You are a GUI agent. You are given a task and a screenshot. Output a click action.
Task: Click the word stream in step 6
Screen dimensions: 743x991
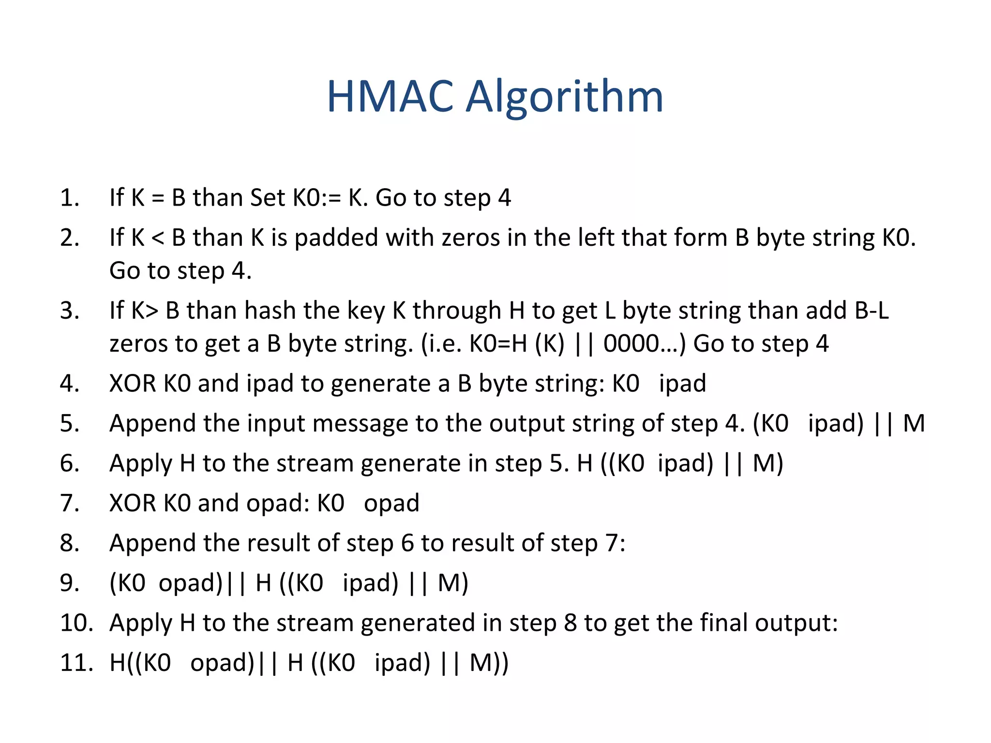pos(315,463)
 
